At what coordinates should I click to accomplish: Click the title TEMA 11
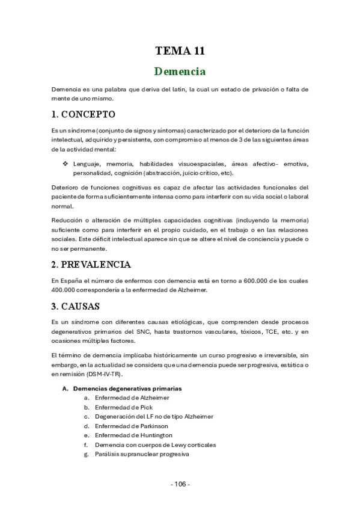coord(180,51)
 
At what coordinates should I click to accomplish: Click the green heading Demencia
coord(180,72)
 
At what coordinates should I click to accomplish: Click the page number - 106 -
coord(180,484)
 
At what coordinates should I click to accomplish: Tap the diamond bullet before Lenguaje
coord(66,164)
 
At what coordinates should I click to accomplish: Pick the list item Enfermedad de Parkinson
coord(131,426)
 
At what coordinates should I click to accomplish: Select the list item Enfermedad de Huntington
coord(133,435)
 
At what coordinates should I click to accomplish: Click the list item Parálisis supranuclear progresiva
coord(142,454)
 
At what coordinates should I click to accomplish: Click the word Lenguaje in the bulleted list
coord(87,164)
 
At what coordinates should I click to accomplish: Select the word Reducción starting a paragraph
coord(67,220)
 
